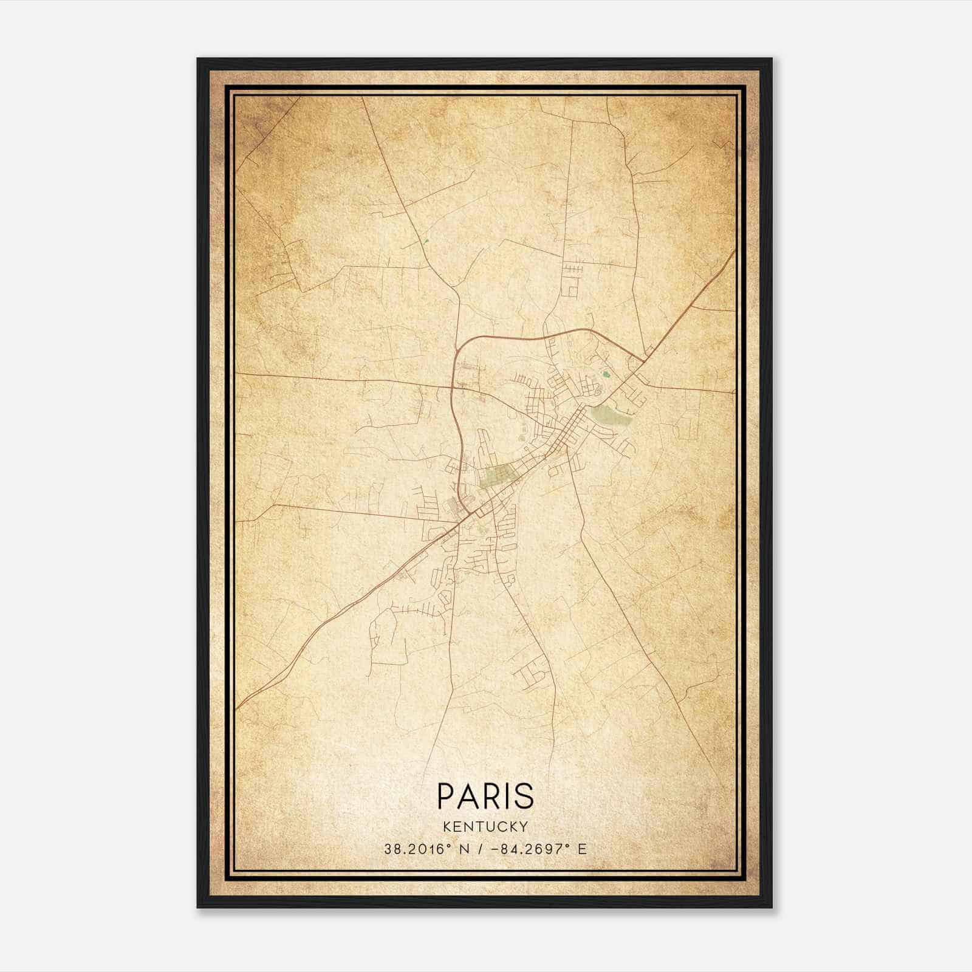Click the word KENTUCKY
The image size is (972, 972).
pos(485,826)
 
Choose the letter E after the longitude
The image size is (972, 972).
pos(583,849)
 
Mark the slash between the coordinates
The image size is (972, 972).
pos(482,849)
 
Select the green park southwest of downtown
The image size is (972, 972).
pos(497,476)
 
